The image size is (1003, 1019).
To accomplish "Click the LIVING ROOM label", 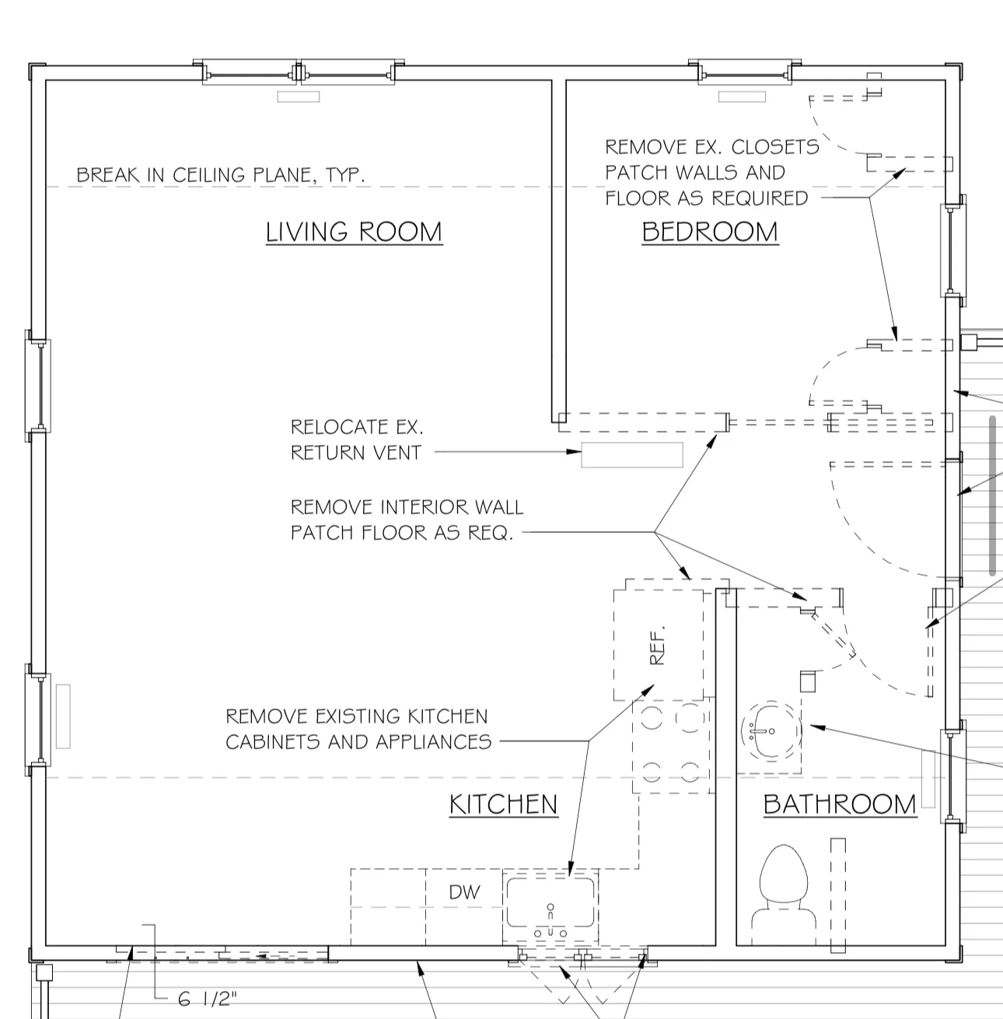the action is tap(354, 232).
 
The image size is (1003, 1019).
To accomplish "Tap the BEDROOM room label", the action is tap(710, 232).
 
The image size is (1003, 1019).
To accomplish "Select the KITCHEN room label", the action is tap(503, 804).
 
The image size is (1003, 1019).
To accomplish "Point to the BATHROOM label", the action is tap(840, 804).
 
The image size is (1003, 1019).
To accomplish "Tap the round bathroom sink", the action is tap(771, 731).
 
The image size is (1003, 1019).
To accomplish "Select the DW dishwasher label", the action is tap(464, 892).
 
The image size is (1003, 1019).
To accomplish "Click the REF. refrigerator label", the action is tap(657, 645).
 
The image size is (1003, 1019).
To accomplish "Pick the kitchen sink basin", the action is tap(550, 902).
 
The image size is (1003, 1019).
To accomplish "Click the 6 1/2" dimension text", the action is tap(208, 999).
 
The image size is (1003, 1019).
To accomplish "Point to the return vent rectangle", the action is tap(632, 455).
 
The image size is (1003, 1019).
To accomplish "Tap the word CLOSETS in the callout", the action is tap(775, 147).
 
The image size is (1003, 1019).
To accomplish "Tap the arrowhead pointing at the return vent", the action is tap(574, 452).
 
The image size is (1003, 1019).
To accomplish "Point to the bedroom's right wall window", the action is tap(951, 250).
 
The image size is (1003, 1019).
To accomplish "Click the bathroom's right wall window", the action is tap(952, 776).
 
